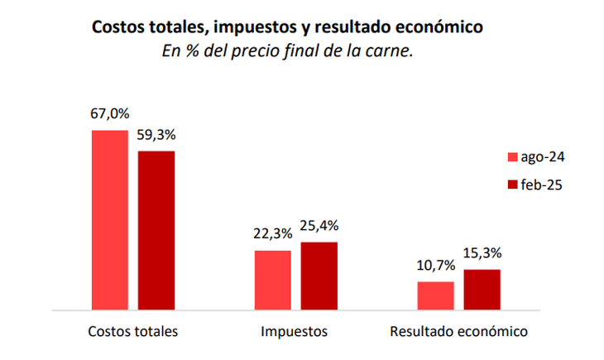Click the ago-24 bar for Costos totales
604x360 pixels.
pyautogui.click(x=109, y=220)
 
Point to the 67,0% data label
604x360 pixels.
pyautogui.click(x=109, y=115)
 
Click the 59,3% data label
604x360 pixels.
pyautogui.click(x=156, y=135)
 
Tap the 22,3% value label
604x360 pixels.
pyautogui.click(x=272, y=235)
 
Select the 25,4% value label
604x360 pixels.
pyautogui.click(x=319, y=226)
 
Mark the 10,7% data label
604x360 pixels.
pyautogui.click(x=435, y=266)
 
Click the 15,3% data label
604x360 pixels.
pyautogui.click(x=482, y=253)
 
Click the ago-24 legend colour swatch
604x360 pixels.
pyautogui.click(x=512, y=157)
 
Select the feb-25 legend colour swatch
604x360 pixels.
pyautogui.click(x=512, y=185)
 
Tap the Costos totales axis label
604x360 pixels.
pyautogui.click(x=133, y=332)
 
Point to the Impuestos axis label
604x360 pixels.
pyautogui.click(x=294, y=332)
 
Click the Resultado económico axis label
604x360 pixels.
pyautogui.click(x=458, y=332)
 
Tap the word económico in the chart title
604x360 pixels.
pyautogui.click(x=440, y=27)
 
